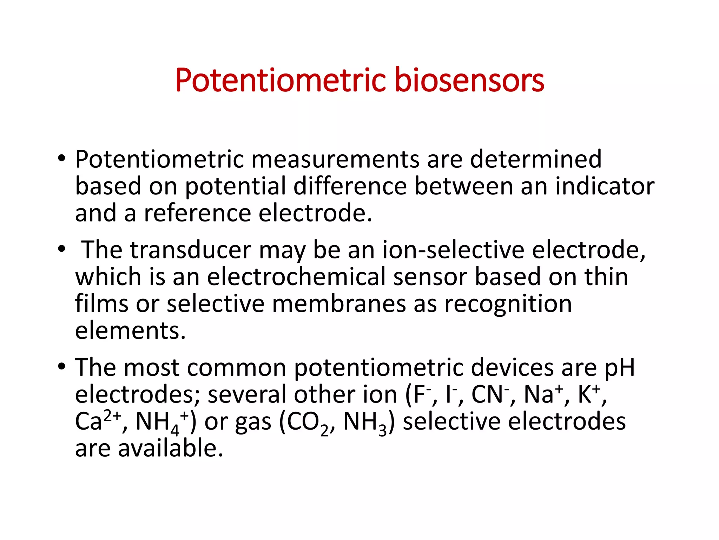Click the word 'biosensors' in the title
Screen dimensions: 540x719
click(x=469, y=81)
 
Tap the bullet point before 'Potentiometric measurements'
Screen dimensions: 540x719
click(x=62, y=159)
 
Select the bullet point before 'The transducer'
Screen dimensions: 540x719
click(x=62, y=249)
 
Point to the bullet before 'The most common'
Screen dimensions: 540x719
click(x=62, y=367)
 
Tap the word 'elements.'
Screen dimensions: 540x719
click(x=130, y=331)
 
